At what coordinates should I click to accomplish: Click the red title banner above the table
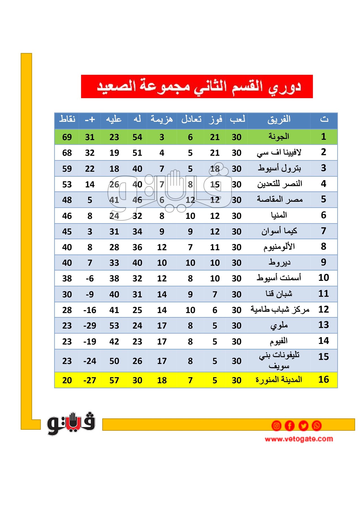coord(197,87)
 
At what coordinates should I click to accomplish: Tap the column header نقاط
coord(67,119)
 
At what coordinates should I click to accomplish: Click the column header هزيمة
coord(161,119)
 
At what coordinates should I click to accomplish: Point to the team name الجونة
coord(279,137)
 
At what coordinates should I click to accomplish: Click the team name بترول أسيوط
coord(279,168)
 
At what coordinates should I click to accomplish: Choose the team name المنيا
coord(279,215)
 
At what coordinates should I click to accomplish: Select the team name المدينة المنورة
coord(279,380)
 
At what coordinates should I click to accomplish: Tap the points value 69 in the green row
coord(67,137)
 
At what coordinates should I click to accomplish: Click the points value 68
coord(67,153)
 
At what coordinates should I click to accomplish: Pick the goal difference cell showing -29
coord(90,326)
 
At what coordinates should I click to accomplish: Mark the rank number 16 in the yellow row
coord(324,379)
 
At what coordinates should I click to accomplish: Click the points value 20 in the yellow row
coord(67,380)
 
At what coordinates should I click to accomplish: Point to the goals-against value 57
coord(114,380)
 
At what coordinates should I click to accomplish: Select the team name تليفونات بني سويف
coord(279,360)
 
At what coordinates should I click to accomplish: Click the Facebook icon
coord(290,426)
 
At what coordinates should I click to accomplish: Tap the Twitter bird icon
coord(303,426)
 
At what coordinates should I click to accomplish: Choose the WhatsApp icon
coord(317,426)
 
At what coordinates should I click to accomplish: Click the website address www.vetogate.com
coord(299,439)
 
